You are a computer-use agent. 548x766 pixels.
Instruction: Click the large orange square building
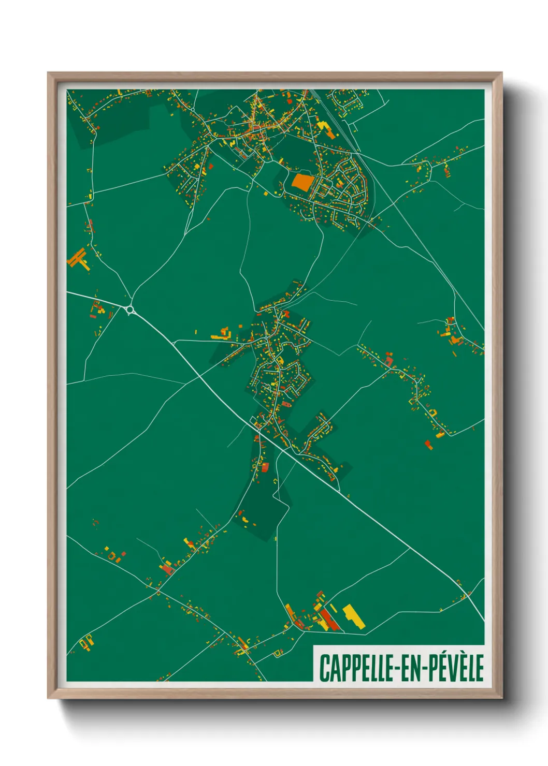(x=302, y=182)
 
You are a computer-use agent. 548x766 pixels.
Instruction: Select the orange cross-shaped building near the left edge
(x=78, y=259)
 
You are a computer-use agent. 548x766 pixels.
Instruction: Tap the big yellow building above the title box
(x=353, y=615)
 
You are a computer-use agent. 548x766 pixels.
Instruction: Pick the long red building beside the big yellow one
(x=328, y=620)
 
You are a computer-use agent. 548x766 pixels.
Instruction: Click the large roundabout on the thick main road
(x=129, y=310)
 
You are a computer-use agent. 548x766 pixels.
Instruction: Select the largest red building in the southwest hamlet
(x=167, y=569)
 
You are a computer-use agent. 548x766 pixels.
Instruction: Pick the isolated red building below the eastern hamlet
(x=428, y=444)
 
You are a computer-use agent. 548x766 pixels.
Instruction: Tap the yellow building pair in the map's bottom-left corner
(x=85, y=642)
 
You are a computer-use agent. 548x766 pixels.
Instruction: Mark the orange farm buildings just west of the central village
(x=221, y=334)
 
